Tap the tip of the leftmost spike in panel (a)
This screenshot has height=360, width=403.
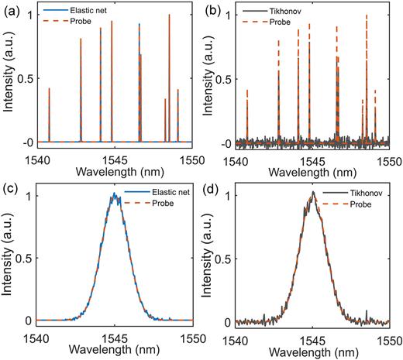point(50,88)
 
